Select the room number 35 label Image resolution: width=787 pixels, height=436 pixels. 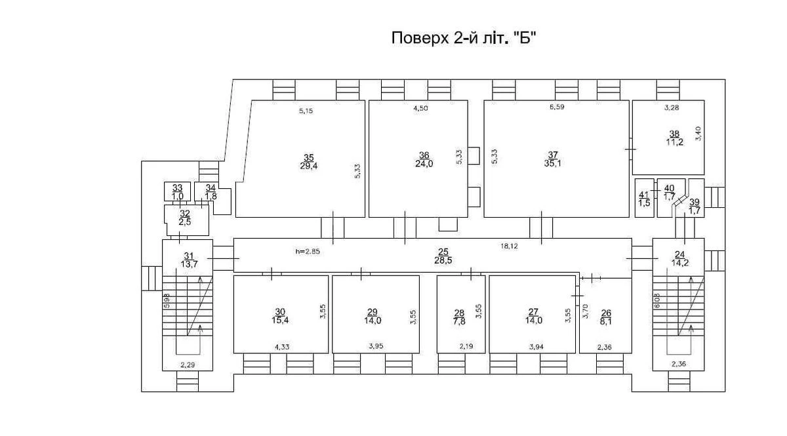(308, 156)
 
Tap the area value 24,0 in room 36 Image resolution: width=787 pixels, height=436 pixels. (423, 165)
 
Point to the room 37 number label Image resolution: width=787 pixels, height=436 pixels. (553, 155)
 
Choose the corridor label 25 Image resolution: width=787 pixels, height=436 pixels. (443, 251)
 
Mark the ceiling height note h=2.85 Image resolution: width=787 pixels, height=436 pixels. (309, 251)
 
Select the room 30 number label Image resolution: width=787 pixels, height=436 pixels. (280, 311)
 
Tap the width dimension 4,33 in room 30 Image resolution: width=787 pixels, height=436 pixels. (281, 347)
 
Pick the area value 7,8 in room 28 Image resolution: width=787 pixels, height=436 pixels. (459, 321)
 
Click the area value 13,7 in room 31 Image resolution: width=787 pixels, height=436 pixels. (189, 264)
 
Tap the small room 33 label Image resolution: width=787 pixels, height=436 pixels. (177, 188)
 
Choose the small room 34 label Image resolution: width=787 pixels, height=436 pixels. (211, 188)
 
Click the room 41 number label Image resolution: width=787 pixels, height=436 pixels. (643, 194)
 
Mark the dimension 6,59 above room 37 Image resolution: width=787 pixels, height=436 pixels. (556, 107)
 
